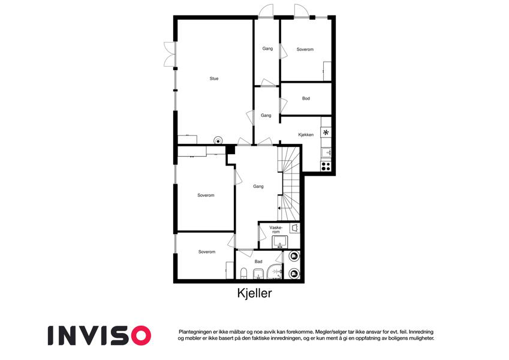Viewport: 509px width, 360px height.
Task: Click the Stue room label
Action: [214, 79]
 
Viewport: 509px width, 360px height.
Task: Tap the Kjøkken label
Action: [306, 134]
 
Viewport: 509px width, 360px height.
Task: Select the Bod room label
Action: [306, 98]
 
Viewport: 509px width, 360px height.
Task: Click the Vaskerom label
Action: [276, 230]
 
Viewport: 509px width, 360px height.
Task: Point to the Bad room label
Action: [258, 262]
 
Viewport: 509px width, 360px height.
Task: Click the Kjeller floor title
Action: [254, 293]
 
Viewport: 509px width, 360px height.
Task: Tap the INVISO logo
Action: [100, 335]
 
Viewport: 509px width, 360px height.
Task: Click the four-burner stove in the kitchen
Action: [326, 166]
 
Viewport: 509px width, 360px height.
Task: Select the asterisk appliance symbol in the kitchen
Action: [326, 132]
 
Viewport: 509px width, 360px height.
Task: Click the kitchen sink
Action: [326, 152]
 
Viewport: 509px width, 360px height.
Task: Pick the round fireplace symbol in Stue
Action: [218, 140]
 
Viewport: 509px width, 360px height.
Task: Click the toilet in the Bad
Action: [243, 274]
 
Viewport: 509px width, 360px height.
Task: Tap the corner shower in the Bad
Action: [275, 272]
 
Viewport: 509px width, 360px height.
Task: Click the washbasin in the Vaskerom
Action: [279, 242]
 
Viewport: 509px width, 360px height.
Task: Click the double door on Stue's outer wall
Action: [170, 54]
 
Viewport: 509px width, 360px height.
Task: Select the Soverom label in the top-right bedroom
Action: [305, 49]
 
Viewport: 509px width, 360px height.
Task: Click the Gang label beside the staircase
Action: [258, 187]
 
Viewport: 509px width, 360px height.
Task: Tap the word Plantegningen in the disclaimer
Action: [194, 332]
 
